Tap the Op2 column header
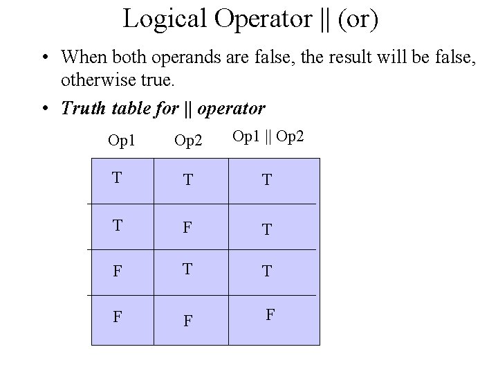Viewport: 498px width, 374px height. pyautogui.click(x=188, y=141)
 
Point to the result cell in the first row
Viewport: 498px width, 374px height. pyautogui.click(x=266, y=180)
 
